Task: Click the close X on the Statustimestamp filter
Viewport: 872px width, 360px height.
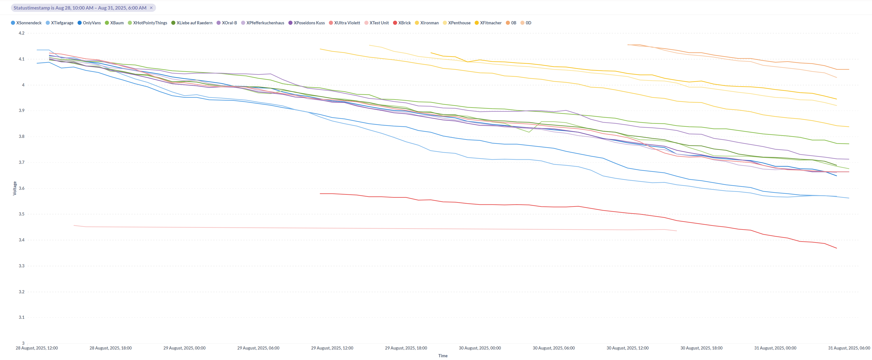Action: point(151,8)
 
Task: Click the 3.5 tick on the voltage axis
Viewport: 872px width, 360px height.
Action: point(22,214)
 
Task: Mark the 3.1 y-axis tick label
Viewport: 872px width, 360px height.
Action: point(22,317)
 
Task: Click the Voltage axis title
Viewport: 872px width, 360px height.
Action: point(15,188)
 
